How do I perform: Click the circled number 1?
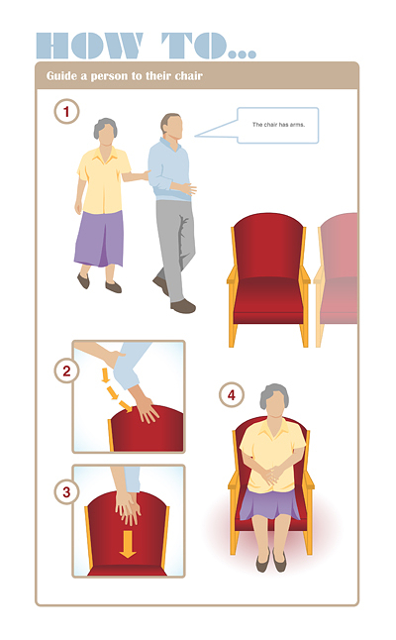tap(66, 111)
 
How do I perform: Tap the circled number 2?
tap(66, 371)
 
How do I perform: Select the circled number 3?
tap(66, 491)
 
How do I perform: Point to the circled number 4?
tap(232, 394)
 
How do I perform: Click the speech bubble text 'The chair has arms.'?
tap(278, 125)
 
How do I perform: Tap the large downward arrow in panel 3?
tap(128, 544)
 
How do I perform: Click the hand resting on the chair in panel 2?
tap(147, 409)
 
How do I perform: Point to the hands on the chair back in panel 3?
tap(128, 507)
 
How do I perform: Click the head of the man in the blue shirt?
tap(171, 126)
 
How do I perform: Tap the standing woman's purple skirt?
tap(99, 239)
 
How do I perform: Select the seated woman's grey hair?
tap(274, 393)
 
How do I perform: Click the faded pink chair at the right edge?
tap(337, 277)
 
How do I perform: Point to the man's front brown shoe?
tap(183, 306)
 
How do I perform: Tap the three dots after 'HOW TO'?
tap(243, 53)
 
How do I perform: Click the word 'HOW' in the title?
tap(90, 46)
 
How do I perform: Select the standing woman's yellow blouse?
tap(103, 180)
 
